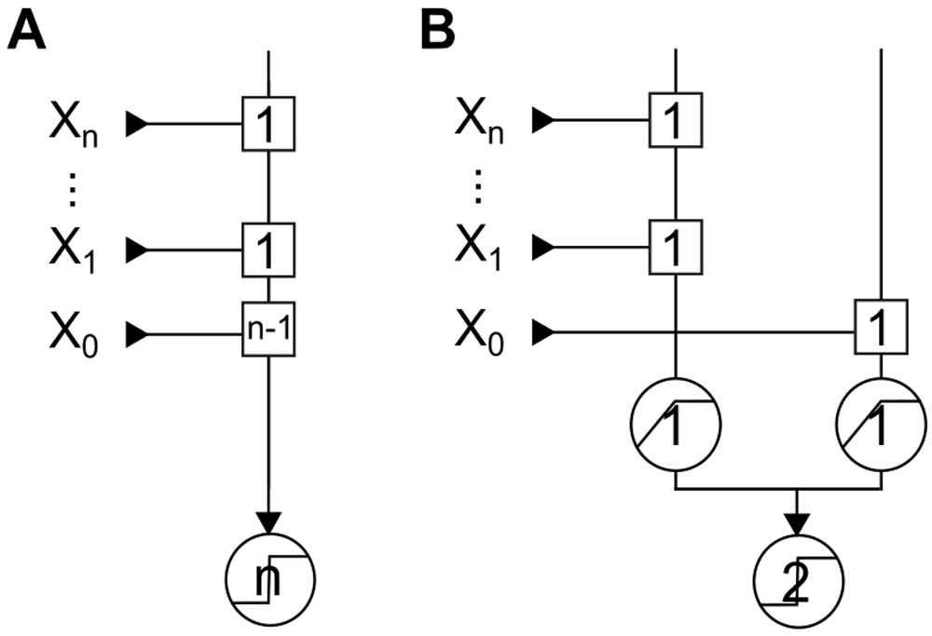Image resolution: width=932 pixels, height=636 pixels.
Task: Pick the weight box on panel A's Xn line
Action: [x=268, y=123]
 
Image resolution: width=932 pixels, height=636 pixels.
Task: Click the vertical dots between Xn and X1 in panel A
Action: [x=75, y=190]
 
